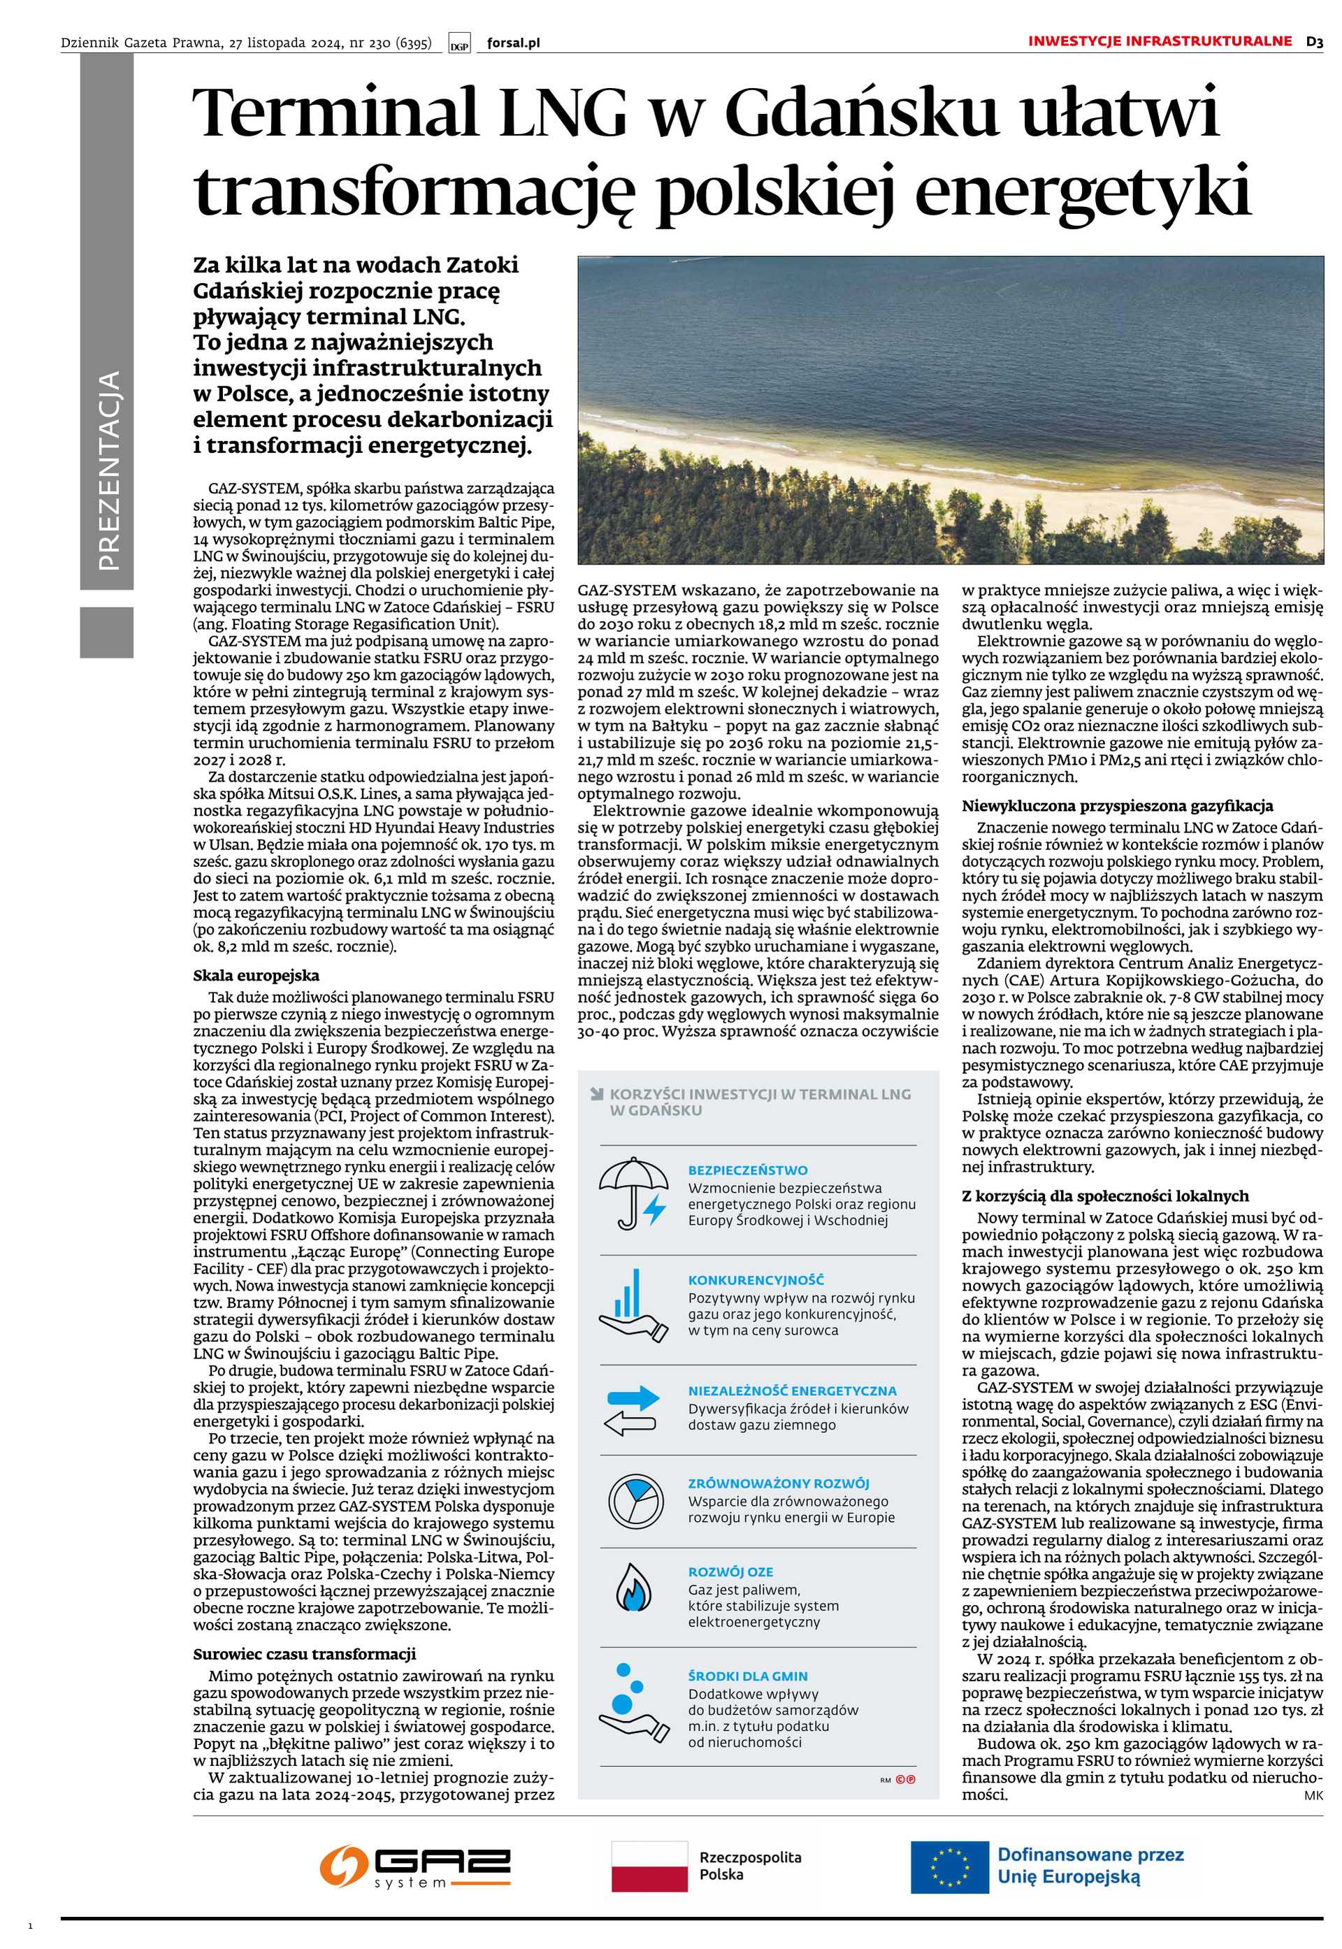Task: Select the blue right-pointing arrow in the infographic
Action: click(633, 1398)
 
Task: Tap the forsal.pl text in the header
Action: click(513, 43)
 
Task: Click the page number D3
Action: click(1314, 41)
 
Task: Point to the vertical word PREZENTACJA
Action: click(108, 471)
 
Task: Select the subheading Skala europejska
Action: click(256, 976)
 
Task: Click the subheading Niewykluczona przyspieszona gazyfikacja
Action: click(1117, 805)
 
